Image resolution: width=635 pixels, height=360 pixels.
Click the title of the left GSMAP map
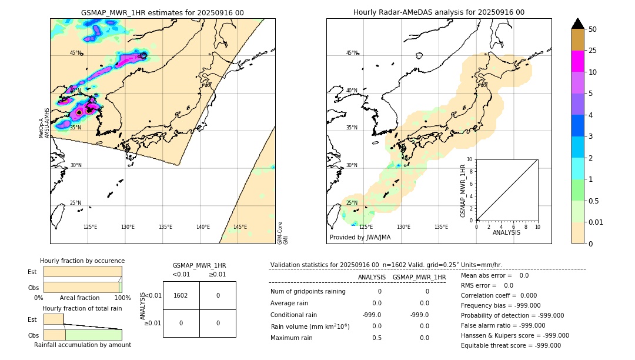[162, 12]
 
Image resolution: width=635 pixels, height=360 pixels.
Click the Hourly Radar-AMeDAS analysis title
[439, 12]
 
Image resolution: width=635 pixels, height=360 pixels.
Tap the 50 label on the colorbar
[593, 29]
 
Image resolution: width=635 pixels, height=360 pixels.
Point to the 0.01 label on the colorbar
[596, 222]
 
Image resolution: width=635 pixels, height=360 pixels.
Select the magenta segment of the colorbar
[577, 61]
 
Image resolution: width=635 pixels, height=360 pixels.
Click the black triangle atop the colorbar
[577, 24]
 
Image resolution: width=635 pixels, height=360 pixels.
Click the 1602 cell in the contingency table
[181, 295]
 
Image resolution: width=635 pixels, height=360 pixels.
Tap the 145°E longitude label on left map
[240, 227]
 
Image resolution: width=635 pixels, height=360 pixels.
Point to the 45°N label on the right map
[352, 53]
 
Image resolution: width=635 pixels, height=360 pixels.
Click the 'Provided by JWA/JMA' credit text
[360, 238]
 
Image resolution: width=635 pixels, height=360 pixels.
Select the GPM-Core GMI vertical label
[283, 233]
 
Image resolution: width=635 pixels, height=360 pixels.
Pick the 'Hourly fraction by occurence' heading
[82, 261]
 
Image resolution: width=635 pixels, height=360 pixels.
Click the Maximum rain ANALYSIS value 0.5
[376, 338]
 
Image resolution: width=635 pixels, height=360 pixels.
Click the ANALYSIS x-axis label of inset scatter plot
[506, 232]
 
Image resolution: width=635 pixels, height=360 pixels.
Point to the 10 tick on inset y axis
[470, 159]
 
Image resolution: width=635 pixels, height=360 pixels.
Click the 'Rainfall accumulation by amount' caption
[82, 345]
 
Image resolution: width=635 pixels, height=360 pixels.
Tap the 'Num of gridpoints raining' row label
[308, 291]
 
